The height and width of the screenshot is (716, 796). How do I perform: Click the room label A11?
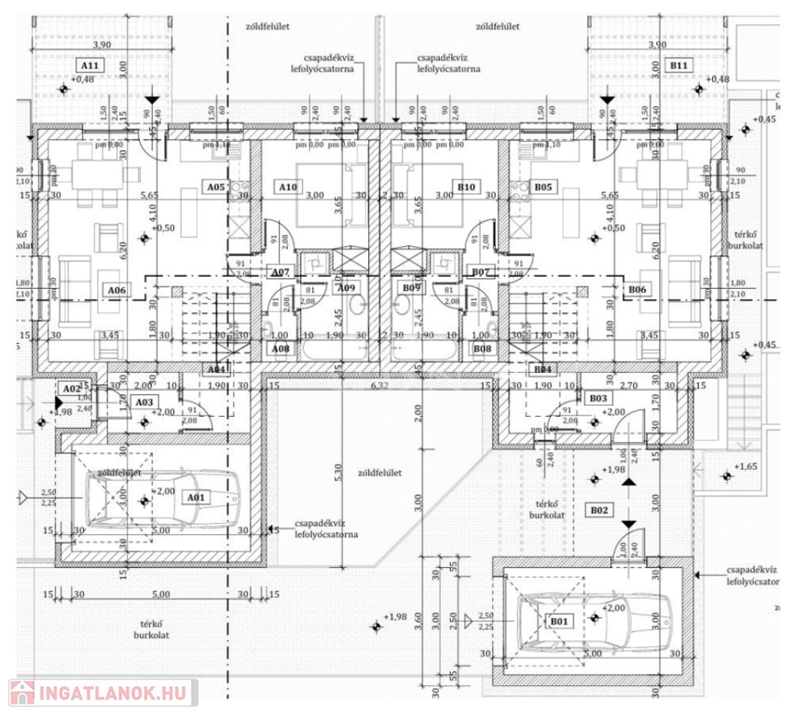91,66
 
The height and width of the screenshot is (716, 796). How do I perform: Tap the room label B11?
679,66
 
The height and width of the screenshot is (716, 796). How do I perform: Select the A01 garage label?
195,498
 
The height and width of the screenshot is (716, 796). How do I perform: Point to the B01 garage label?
558,622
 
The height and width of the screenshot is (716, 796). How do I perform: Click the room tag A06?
117,291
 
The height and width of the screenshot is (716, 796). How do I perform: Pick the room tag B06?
637,291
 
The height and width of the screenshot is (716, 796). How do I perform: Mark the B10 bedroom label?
468,187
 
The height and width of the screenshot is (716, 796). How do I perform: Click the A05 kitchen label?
216,187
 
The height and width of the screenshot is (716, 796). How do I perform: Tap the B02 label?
599,510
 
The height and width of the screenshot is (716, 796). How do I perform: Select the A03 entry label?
144,402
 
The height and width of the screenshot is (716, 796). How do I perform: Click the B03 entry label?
600,398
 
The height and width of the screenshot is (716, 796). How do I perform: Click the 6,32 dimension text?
378,384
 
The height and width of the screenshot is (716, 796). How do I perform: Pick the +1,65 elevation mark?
748,465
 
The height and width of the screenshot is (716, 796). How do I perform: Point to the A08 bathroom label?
280,349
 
